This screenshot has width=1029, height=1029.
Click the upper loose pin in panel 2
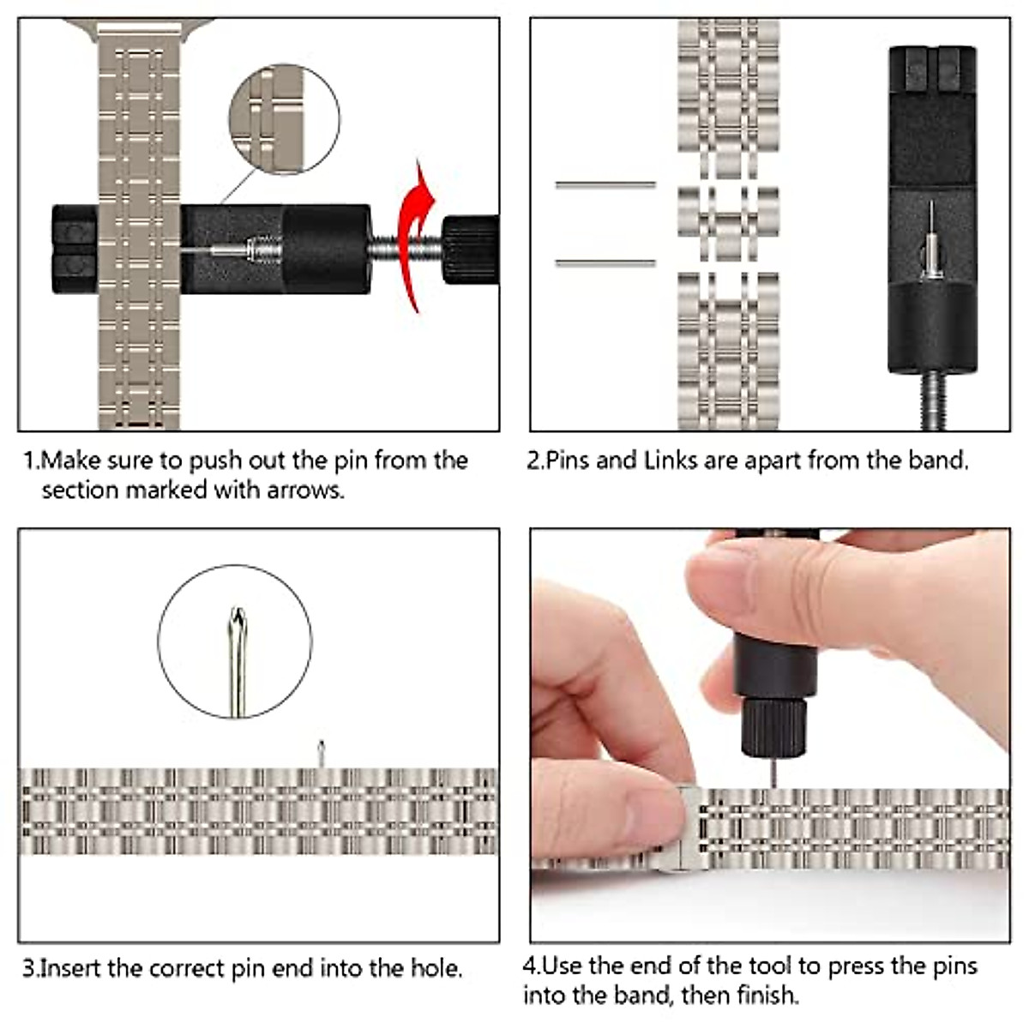[x=605, y=184]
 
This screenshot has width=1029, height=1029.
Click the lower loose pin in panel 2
[x=605, y=263]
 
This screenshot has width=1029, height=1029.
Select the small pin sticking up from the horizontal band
[x=322, y=754]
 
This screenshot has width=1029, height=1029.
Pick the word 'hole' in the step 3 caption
[x=435, y=969]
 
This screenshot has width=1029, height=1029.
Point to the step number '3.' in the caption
[x=31, y=969]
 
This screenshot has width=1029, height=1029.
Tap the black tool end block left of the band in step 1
[x=75, y=250]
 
